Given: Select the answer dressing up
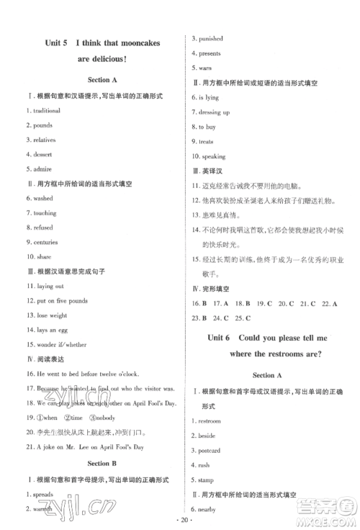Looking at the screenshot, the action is pos(215,112).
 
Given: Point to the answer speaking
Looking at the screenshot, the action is pos(213,156).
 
